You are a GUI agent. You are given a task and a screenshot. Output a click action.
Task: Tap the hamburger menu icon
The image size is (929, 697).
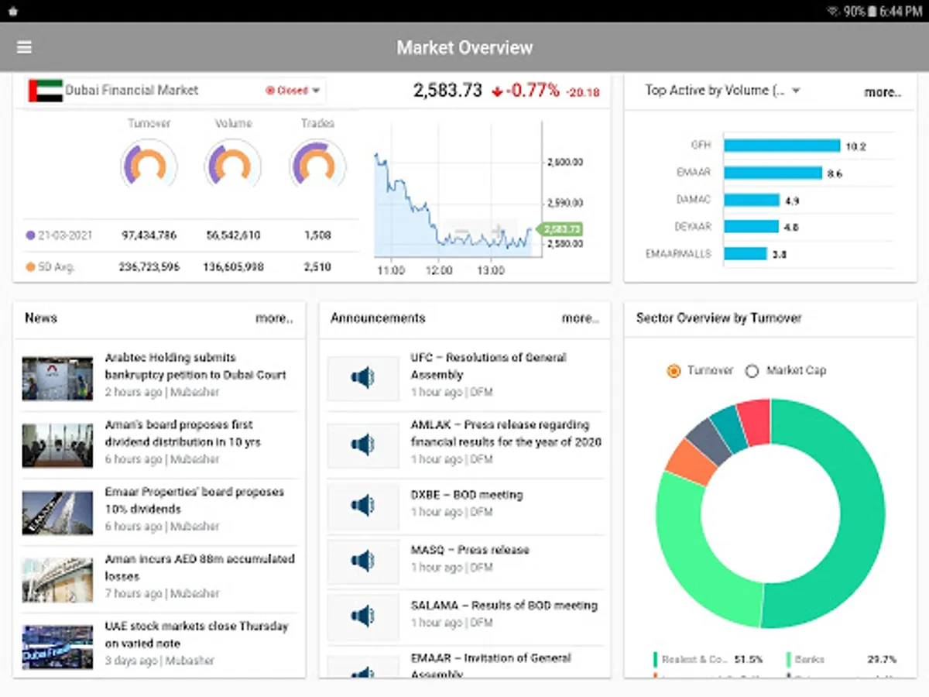point(24,47)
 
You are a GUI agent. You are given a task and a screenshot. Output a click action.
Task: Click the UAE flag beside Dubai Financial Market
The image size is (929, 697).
point(46,91)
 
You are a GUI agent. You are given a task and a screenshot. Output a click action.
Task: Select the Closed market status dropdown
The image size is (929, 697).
point(293,91)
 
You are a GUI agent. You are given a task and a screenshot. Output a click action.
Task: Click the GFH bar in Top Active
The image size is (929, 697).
point(781,146)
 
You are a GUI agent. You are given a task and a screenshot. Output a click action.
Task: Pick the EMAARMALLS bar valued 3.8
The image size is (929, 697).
point(745,254)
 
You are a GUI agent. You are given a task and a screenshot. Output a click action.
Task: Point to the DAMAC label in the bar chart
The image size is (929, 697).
point(694,200)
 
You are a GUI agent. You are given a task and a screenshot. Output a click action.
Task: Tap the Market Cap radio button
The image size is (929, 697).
point(752,371)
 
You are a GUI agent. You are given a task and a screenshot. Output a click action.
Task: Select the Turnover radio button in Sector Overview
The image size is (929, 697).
point(674,371)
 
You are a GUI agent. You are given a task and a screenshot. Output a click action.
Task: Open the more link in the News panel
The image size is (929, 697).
point(274,318)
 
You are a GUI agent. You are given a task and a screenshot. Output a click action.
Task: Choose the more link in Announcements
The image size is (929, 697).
point(580,318)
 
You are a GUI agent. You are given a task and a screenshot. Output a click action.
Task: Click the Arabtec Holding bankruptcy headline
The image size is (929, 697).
point(195,366)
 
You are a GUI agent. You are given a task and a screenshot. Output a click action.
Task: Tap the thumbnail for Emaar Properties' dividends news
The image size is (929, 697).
point(57,513)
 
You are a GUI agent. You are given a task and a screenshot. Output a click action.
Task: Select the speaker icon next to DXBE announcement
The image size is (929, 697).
point(362,506)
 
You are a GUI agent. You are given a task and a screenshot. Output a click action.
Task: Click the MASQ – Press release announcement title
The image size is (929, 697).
point(470,550)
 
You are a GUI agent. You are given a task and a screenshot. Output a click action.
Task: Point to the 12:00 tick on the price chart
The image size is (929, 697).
point(440,270)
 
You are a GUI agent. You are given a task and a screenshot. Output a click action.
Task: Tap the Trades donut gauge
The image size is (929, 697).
point(317,164)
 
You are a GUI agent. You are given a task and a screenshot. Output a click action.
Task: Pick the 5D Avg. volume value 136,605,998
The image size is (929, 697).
point(233,267)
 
